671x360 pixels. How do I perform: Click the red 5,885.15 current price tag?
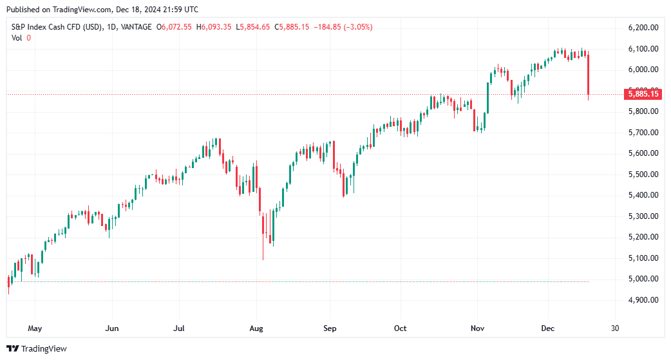click(x=643, y=95)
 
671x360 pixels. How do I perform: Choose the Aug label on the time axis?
click(x=256, y=328)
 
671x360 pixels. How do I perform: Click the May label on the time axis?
click(x=35, y=328)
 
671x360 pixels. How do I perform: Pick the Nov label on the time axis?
click(x=477, y=328)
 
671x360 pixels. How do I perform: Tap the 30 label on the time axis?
click(x=615, y=328)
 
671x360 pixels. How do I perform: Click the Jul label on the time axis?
click(x=179, y=328)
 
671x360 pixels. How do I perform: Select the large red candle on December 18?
click(x=589, y=75)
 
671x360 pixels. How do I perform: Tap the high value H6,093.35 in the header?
click(x=215, y=27)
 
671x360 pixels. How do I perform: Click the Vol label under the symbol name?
click(x=17, y=38)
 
